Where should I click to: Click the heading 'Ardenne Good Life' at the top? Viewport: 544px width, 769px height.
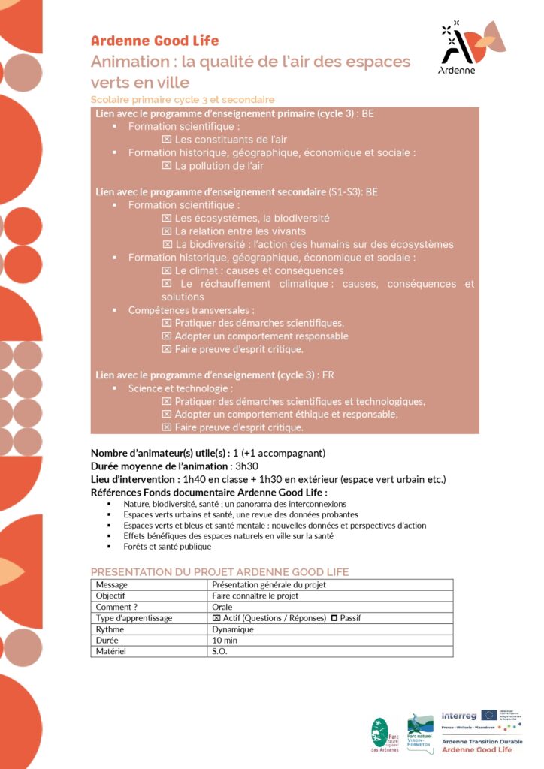(x=155, y=41)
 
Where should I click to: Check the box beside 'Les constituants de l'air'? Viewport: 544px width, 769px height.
(x=167, y=140)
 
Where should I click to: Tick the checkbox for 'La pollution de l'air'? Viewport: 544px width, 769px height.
(x=167, y=166)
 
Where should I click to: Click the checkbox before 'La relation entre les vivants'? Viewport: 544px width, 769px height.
(x=167, y=231)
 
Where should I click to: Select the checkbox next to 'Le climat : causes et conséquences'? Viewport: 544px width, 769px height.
(x=167, y=270)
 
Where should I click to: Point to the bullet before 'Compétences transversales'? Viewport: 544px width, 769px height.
(x=115, y=310)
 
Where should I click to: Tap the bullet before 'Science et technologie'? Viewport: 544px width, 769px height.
(x=115, y=389)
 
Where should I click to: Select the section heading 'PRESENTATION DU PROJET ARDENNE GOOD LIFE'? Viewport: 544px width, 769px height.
(x=219, y=572)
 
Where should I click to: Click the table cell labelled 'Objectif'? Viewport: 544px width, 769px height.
(x=149, y=596)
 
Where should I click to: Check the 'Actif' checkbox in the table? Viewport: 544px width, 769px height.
(x=216, y=618)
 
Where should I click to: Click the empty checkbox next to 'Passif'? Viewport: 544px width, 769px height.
(x=334, y=618)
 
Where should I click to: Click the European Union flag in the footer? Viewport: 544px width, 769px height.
(x=489, y=714)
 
